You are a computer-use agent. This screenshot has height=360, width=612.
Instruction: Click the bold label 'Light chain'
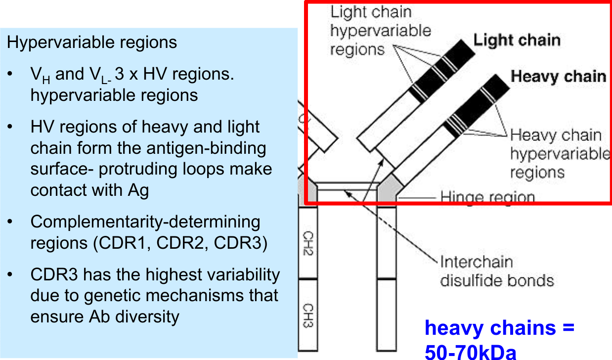coord(517,40)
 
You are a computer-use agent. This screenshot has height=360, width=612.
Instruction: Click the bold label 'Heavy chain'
coord(558,76)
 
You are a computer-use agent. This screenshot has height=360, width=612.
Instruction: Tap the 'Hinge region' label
coord(487,198)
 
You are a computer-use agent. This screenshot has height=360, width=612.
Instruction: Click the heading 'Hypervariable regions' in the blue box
coord(92,42)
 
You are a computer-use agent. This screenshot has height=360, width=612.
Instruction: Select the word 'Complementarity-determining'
coord(145,222)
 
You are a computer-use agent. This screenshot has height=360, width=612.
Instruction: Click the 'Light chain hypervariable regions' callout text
coord(380,31)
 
